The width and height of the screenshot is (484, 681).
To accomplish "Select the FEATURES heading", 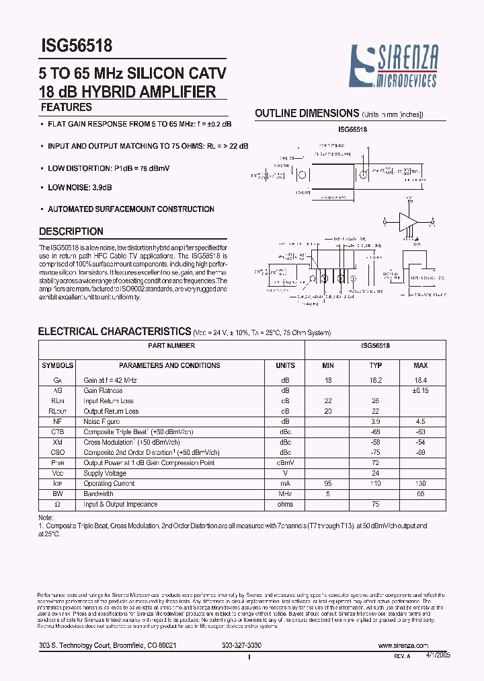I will (67, 107).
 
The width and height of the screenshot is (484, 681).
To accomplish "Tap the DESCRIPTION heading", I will (71, 231).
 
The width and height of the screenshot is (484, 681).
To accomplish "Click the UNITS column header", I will (285, 365).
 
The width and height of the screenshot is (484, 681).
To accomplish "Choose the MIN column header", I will (328, 365).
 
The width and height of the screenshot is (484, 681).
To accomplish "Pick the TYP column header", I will (376, 365).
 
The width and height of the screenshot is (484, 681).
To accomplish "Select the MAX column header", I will (420, 365).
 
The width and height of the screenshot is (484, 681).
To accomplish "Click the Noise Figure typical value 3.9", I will (376, 421).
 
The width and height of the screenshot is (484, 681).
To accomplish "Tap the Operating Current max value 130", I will (420, 483).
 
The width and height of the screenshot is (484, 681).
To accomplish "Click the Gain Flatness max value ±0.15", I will (420, 390).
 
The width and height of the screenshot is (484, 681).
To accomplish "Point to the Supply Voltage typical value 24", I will (376, 473).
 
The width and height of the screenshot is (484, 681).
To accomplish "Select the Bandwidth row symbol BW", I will (58, 493).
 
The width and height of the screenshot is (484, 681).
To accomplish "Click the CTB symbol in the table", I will (58, 431).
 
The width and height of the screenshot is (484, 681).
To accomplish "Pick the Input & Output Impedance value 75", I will (376, 504).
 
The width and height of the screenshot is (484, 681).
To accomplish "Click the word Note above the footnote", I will (45, 516).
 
